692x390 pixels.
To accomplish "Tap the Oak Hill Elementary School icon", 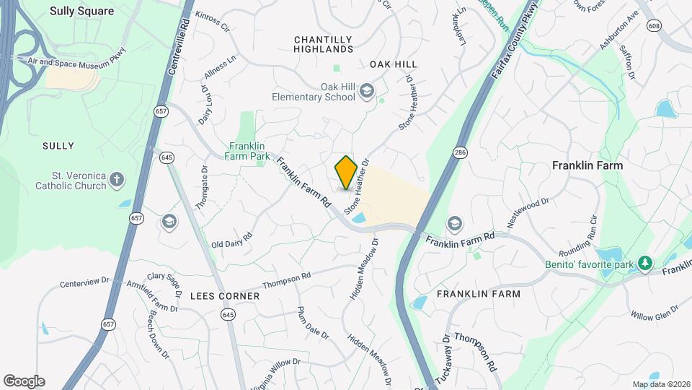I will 367,91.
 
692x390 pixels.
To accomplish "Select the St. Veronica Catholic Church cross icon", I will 117,178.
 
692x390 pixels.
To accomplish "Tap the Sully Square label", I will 81,11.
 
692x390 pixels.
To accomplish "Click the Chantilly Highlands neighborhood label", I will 323,44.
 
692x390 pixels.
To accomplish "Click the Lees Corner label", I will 225,296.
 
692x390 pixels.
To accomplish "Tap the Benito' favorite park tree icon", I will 647,264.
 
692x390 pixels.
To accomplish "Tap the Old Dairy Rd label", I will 231,240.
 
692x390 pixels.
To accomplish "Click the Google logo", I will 24,381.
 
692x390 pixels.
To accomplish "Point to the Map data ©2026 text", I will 660,384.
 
